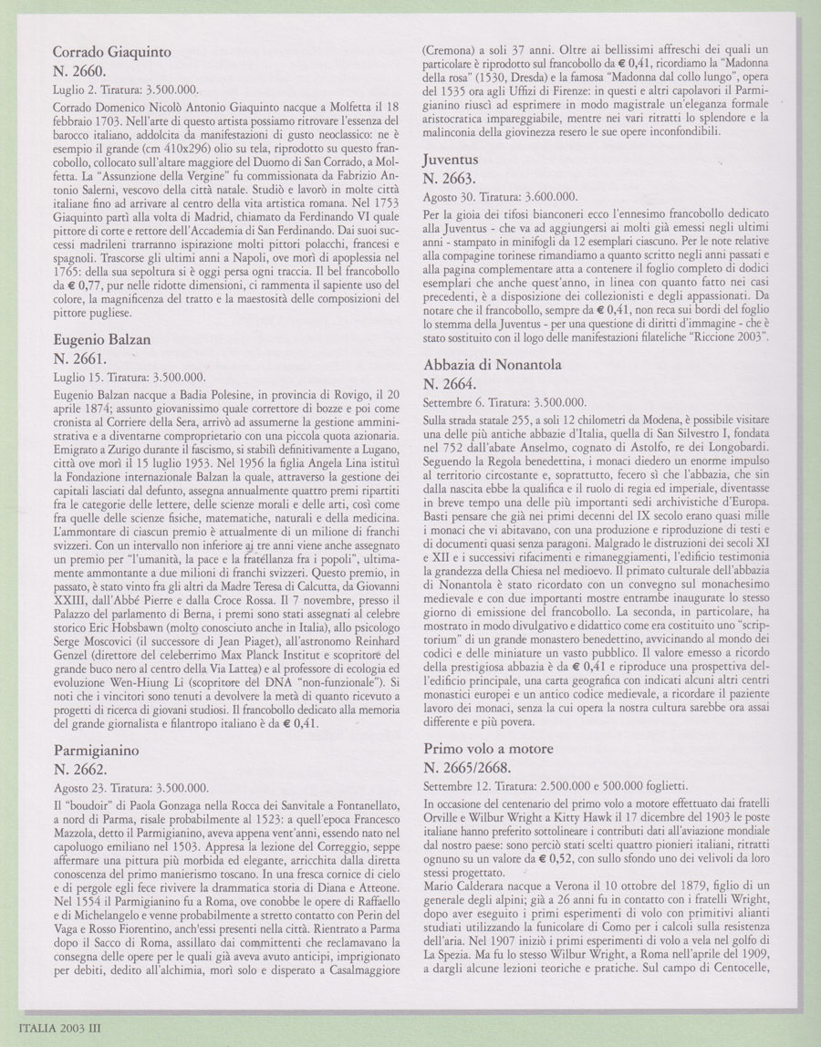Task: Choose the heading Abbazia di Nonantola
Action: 504,364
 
